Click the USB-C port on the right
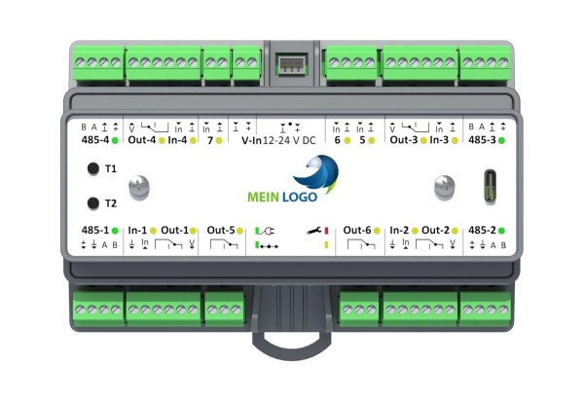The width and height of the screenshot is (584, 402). coord(491,187)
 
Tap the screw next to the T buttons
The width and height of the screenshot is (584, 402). coord(139,187)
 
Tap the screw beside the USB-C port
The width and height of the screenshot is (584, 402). coord(445,187)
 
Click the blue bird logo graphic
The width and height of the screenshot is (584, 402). coord(316,174)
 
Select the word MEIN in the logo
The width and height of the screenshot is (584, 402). coord(264,197)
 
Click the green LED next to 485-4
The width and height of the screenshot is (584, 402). coord(115,140)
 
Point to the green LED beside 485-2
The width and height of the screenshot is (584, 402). coord(501,231)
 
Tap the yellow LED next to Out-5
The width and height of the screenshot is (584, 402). coord(239,231)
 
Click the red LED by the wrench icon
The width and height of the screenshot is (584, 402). coord(326,231)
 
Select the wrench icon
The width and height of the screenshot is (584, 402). coord(314,231)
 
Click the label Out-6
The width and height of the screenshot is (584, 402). coord(357,231)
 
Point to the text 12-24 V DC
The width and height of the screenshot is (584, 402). coord(289,140)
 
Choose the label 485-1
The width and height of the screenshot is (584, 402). coord(95,231)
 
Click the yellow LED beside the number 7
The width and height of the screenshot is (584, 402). coord(219,140)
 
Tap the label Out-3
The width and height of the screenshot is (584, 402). coord(404,140)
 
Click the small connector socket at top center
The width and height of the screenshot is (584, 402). coord(292,65)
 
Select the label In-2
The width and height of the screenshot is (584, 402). coord(399,231)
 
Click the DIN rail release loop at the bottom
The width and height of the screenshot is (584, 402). coord(291,344)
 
